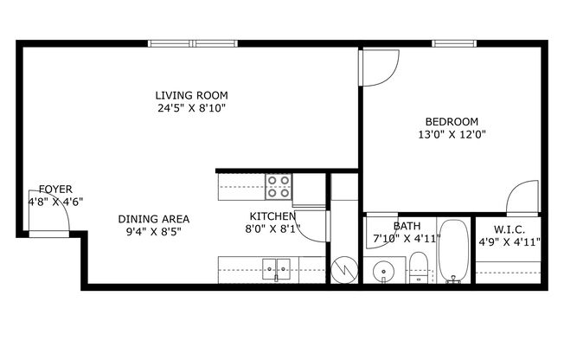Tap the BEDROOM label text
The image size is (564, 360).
coord(451,121)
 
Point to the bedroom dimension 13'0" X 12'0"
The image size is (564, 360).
coord(451,135)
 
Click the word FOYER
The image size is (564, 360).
coord(54,190)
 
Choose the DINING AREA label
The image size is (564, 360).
coord(154,219)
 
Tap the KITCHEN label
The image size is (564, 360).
coord(272,216)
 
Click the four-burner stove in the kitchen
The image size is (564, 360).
coord(279,183)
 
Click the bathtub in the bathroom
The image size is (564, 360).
coord(453,253)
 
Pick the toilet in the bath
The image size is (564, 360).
coord(420,267)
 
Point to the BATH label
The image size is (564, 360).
coord(407,227)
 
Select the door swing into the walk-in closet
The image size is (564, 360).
coord(522,197)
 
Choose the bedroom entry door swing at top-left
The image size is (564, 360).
coord(379,67)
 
